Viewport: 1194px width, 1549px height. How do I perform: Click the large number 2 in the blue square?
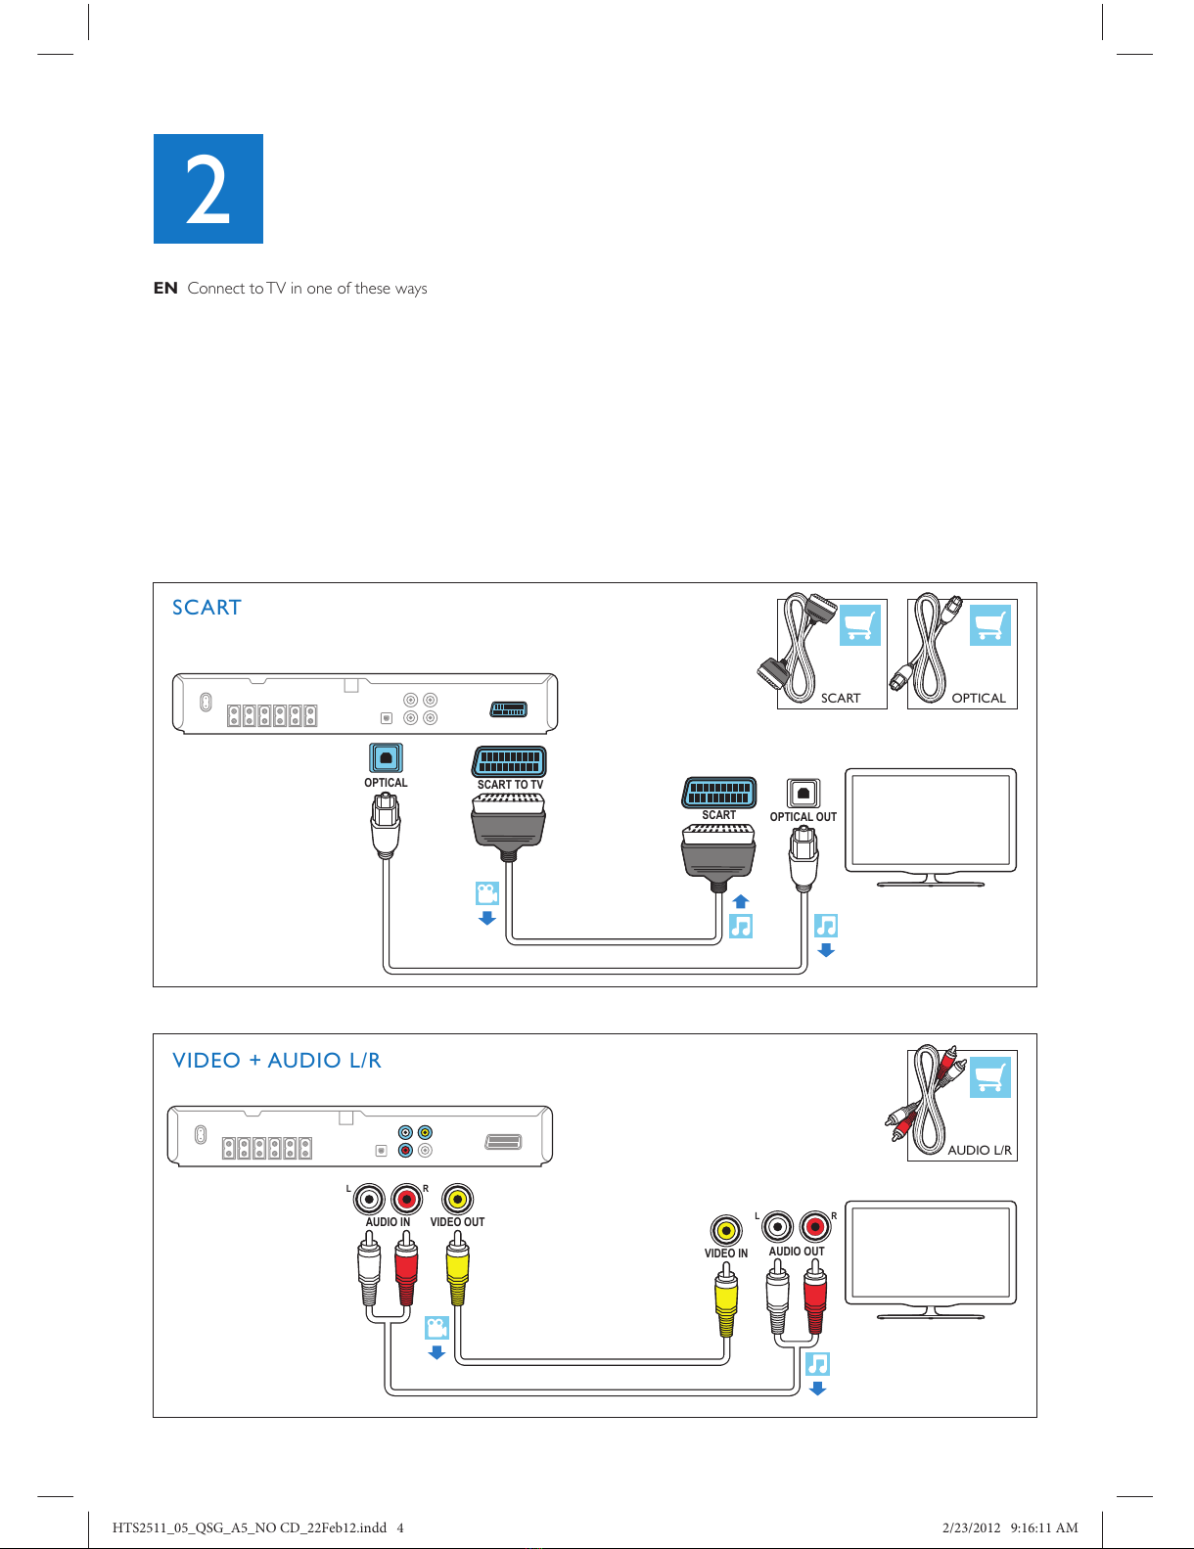click(x=207, y=190)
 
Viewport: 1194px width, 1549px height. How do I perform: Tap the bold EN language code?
click(x=165, y=288)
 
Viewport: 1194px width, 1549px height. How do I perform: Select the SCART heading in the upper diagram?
click(x=207, y=608)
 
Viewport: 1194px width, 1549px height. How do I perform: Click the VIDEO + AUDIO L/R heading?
click(x=277, y=1060)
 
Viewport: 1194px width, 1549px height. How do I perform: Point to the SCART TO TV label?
click(x=510, y=784)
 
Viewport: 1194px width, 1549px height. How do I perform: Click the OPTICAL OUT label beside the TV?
click(x=803, y=817)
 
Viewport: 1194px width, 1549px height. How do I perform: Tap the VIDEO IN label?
click(x=725, y=1253)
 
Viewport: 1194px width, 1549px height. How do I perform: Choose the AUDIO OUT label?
click(x=797, y=1251)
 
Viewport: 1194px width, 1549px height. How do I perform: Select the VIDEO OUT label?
click(x=457, y=1222)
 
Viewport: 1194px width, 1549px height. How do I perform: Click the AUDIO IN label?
click(x=388, y=1222)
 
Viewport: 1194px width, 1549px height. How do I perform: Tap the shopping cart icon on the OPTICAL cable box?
click(x=990, y=625)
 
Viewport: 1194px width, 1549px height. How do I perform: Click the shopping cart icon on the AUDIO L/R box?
click(x=990, y=1077)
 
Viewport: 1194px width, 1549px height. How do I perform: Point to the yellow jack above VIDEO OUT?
click(x=458, y=1200)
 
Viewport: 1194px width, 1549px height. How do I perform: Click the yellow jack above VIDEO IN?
click(x=725, y=1230)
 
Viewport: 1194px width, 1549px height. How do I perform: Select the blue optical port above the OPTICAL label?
click(x=386, y=757)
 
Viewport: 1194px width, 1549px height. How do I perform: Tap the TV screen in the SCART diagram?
click(x=931, y=820)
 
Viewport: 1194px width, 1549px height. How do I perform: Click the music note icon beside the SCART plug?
click(x=741, y=927)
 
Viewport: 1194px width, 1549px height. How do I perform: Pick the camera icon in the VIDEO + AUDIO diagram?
click(x=436, y=1328)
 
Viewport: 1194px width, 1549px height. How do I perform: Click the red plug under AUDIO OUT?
click(x=815, y=1297)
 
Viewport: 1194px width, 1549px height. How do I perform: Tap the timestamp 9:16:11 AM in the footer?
click(x=1043, y=1527)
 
